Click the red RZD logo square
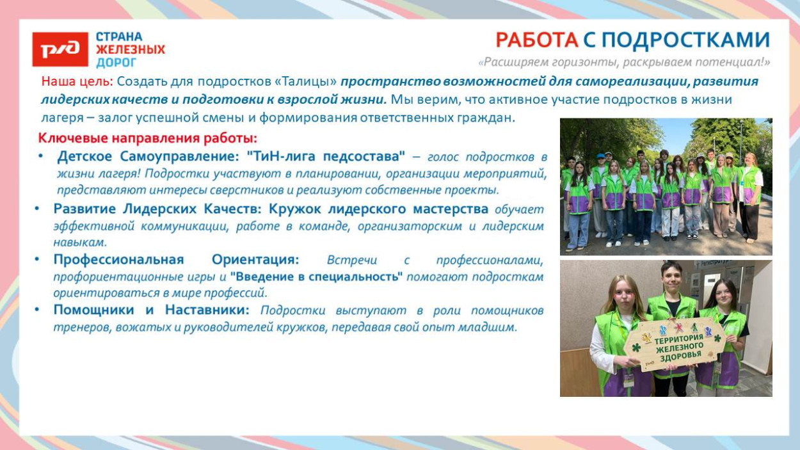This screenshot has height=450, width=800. tap(60, 49)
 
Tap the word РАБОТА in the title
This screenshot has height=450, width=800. tap(537, 40)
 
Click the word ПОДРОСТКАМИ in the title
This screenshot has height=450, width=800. tap(685, 40)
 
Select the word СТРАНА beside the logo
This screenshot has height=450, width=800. tap(119, 36)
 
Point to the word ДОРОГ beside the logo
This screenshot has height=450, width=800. tap(116, 63)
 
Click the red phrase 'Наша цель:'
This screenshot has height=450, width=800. tap(77, 82)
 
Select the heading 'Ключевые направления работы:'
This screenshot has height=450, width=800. tap(148, 138)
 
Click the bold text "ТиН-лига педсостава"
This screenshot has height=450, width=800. tap(326, 156)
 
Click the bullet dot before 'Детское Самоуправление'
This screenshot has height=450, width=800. tap(41, 156)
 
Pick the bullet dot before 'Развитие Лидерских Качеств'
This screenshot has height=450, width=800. tap(37, 209)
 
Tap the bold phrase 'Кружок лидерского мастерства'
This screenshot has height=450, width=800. tap(379, 209)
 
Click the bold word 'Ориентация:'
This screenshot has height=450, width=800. tap(255, 260)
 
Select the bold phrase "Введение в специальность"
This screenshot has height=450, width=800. tap(316, 277)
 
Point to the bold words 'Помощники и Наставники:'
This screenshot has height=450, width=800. tap(151, 310)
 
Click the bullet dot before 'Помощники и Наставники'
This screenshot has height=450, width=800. tap(37, 310)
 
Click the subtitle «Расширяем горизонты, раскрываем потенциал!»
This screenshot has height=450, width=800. tap(624, 62)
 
